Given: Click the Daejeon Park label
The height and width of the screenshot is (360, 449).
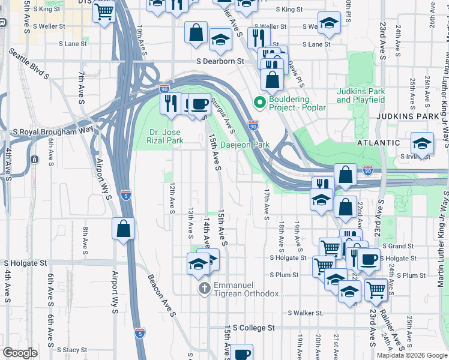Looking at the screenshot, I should tap(246, 145).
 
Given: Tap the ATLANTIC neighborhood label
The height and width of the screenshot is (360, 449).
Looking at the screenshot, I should tap(378, 143).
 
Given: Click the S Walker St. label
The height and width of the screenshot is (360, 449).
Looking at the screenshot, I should tap(306, 313).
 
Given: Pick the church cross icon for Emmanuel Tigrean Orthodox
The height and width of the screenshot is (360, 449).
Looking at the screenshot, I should tap(204, 289).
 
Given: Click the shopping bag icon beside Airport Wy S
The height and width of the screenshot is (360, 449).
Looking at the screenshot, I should tap(123, 229).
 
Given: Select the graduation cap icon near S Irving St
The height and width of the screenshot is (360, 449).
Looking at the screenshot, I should tap(423, 143).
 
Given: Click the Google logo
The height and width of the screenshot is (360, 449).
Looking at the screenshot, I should tap(20, 353).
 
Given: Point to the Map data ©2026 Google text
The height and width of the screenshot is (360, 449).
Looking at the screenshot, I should tap(412, 355).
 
